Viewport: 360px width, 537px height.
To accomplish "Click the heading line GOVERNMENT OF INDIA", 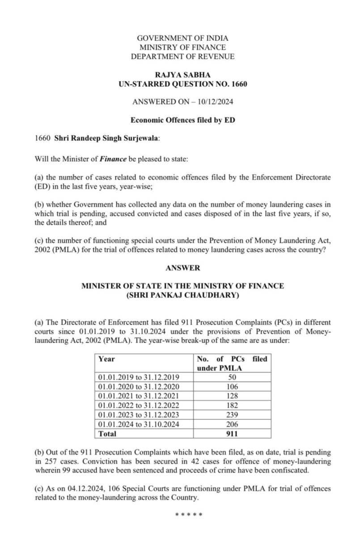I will point(182,38).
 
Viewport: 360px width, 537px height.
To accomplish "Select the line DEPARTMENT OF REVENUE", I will point(182,56).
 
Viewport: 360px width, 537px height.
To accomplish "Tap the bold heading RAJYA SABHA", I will point(182,75).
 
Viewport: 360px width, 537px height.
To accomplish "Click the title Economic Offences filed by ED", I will point(182,120).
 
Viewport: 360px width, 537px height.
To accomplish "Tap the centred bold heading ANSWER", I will point(182,268).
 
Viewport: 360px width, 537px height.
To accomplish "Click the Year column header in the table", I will point(106,359).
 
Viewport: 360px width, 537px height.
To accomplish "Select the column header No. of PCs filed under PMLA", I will point(232,363).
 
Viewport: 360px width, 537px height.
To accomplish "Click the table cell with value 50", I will point(232,378).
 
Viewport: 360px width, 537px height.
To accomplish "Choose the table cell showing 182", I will point(232,405).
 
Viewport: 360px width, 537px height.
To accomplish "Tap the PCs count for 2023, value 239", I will point(232,415).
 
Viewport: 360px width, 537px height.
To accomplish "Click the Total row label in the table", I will point(107,434).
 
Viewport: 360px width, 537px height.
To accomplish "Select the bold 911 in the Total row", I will point(232,434).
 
